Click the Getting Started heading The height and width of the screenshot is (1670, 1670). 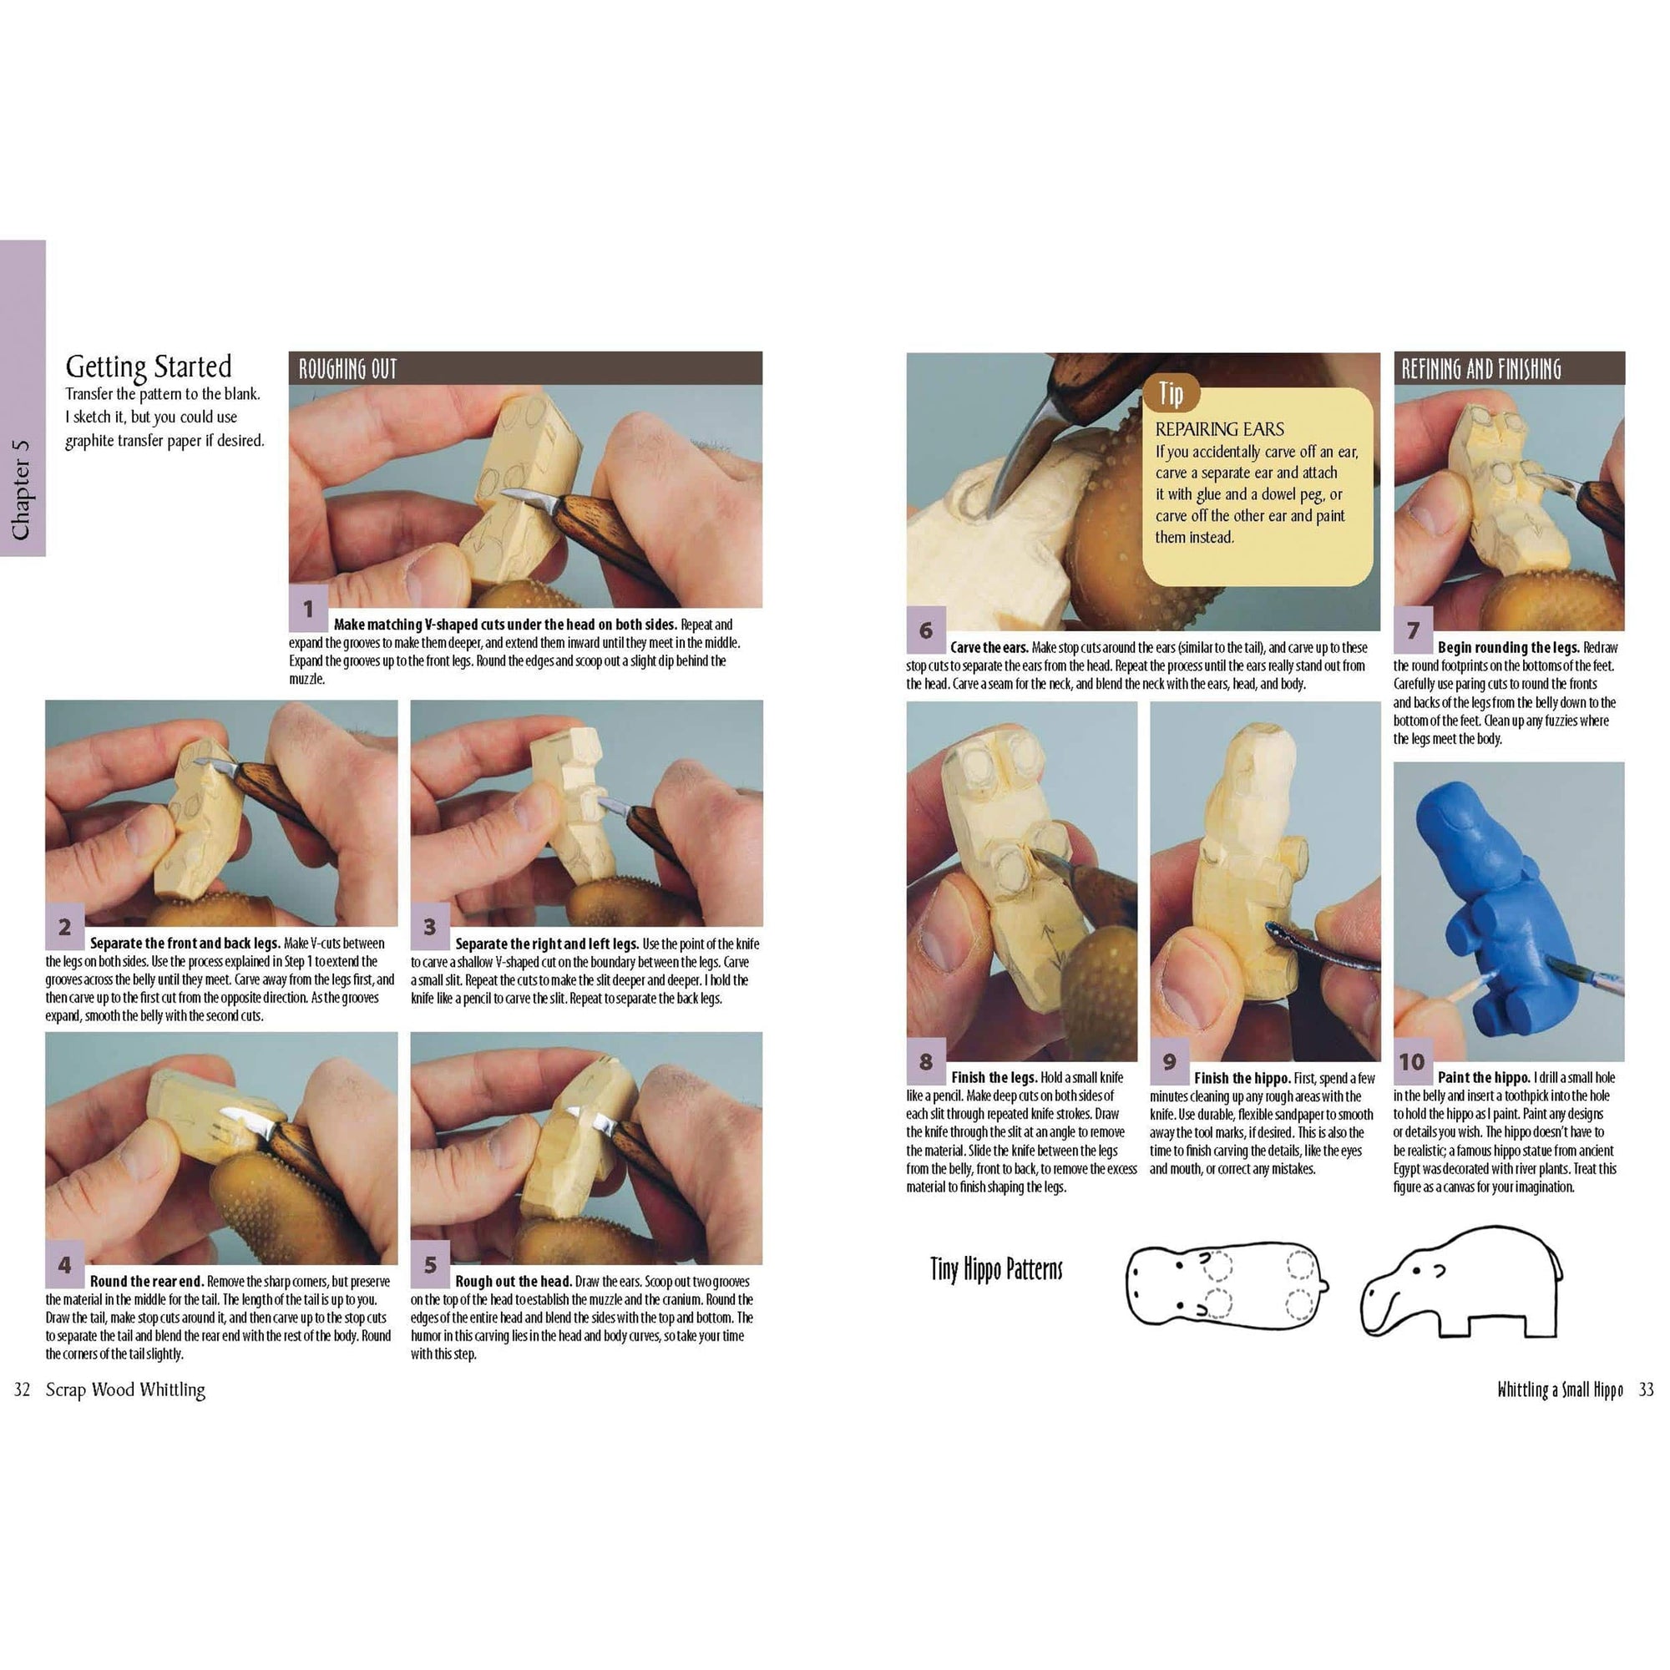149,367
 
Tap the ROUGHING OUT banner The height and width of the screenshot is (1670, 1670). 347,369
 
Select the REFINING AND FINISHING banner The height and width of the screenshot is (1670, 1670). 1480,369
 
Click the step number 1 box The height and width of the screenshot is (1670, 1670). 308,609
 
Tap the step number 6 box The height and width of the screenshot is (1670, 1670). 926,630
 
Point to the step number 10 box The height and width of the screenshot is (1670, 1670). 1411,1061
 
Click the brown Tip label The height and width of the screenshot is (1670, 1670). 1171,394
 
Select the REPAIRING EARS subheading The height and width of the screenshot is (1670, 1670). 1219,428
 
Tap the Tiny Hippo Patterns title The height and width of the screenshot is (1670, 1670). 996,1270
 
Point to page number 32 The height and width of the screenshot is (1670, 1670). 23,1390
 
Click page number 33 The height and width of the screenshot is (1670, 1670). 1646,1390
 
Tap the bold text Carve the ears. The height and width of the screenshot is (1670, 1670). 988,647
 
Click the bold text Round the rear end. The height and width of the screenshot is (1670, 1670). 146,1281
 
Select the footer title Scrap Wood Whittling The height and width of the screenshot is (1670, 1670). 125,1390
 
